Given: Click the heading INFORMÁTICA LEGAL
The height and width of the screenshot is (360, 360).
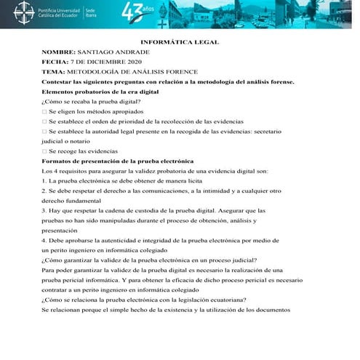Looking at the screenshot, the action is (x=179, y=42).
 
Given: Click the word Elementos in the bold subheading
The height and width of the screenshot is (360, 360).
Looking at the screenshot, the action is (x=61, y=92).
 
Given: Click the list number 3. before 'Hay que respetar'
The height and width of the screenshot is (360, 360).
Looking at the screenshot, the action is (x=44, y=209).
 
